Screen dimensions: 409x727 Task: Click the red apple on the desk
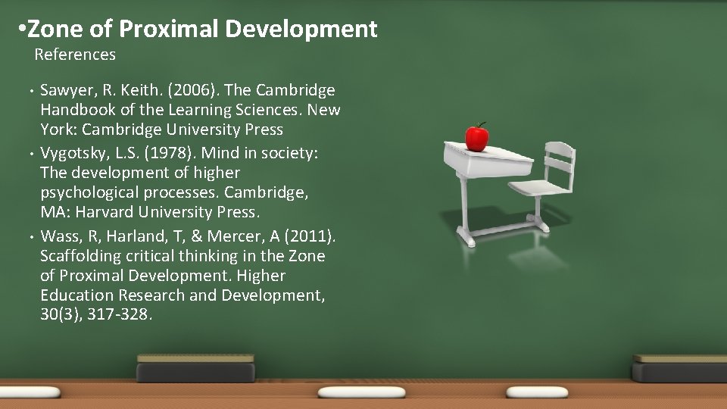tap(476, 137)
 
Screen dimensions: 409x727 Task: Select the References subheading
tap(75, 55)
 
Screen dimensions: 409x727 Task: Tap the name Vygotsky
tap(74, 153)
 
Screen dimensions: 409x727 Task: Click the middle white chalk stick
tap(351, 392)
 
